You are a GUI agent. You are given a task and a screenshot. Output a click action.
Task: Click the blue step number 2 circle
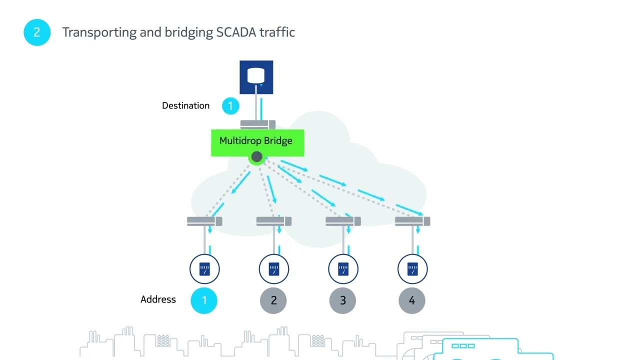pos(37,32)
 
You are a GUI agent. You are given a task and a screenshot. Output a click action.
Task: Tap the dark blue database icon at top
pos(256,77)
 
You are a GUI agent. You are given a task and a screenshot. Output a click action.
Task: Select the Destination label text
pos(185,105)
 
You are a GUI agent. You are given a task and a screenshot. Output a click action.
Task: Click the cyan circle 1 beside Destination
pos(230,106)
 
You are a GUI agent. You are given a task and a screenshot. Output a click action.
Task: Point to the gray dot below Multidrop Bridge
pos(256,157)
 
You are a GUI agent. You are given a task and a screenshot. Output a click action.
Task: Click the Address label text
pos(158,299)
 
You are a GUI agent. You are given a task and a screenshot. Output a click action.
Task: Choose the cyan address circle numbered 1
pos(204,300)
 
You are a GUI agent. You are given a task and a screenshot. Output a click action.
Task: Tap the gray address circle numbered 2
pos(273,300)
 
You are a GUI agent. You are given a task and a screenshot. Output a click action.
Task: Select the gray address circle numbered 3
pos(342,300)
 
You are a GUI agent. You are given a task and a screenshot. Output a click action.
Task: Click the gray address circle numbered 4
pos(412,300)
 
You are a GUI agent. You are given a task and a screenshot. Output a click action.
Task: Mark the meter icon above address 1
pos(204,269)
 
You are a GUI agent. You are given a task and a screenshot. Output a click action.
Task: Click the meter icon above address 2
pos(273,269)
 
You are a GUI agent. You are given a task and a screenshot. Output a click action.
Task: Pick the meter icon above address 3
pos(343,269)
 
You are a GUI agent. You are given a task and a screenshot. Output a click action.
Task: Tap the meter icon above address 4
pos(412,269)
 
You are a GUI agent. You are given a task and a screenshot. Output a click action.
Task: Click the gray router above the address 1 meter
pos(204,221)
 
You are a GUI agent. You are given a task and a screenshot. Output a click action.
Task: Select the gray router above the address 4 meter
pos(412,221)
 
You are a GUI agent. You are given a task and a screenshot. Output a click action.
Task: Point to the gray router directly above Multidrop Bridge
pos(257,124)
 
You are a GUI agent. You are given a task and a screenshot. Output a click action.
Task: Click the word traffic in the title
pos(278,32)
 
